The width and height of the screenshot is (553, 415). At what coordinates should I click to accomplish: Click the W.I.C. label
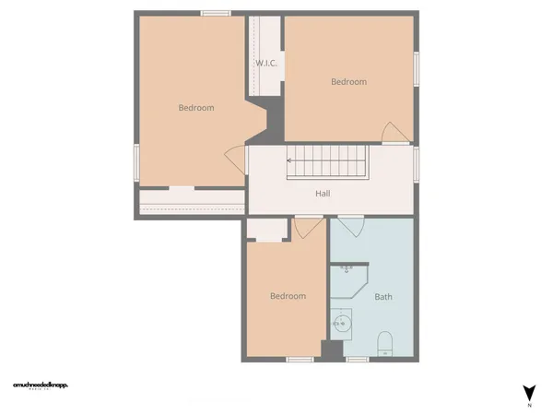[267, 64]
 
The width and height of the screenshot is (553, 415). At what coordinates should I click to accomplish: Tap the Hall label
[323, 194]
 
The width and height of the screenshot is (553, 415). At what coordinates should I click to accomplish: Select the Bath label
[382, 297]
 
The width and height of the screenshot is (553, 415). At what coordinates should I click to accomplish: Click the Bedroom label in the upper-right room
[348, 82]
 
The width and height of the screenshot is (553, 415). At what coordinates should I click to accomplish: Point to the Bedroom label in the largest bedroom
[195, 108]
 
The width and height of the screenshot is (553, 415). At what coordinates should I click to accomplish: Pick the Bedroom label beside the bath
[288, 296]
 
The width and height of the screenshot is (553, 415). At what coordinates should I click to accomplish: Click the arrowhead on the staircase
[289, 160]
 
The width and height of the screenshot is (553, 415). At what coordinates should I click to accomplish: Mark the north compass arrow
[529, 392]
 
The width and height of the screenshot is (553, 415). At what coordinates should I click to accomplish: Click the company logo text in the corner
[41, 385]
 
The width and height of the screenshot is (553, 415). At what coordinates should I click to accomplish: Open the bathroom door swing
[351, 226]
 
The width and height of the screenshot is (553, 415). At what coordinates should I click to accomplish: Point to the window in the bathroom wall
[357, 359]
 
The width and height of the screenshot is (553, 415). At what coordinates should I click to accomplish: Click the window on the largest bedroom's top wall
[216, 13]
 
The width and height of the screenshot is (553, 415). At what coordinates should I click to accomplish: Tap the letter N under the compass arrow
[529, 406]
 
